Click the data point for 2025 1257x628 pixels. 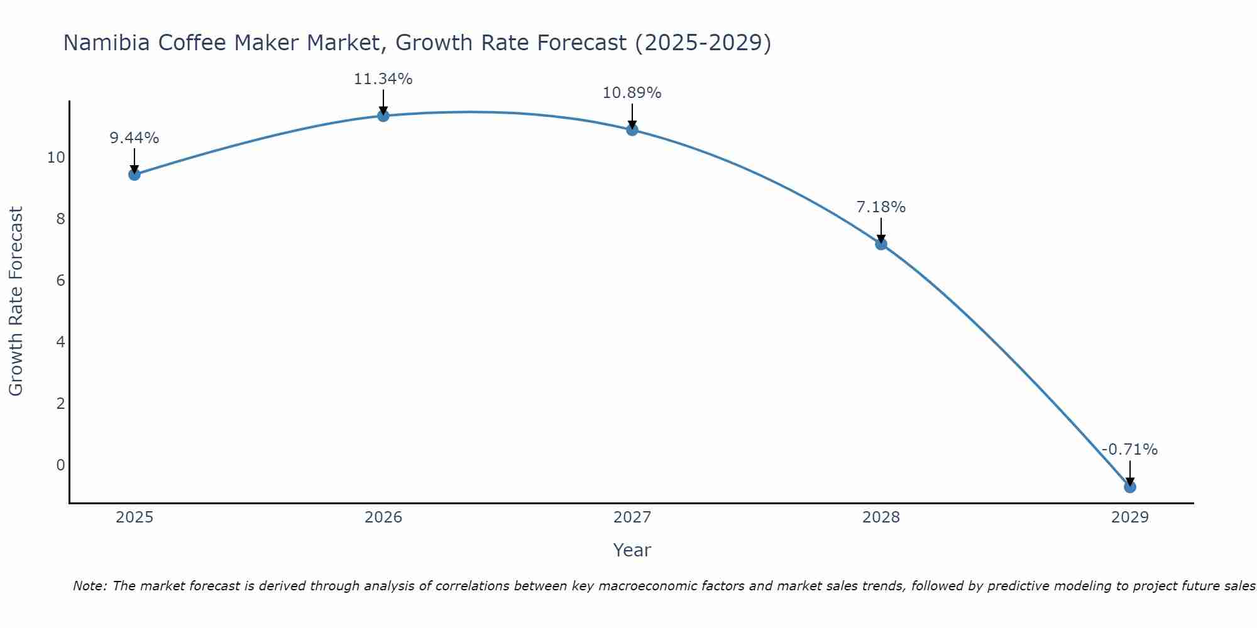coord(134,174)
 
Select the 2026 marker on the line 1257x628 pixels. coord(383,116)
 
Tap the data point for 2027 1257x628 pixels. coord(632,129)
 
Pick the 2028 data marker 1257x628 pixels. coord(881,244)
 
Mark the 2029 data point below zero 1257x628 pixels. coord(1130,487)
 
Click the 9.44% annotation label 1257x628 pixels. coord(134,138)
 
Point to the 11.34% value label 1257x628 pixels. coord(383,79)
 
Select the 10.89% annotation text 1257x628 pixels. coord(632,93)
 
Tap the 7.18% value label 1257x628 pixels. coord(881,207)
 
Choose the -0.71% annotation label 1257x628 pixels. coord(1129,450)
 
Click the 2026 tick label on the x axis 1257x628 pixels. coord(383,517)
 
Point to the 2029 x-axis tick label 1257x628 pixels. coord(1130,517)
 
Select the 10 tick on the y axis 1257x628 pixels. coord(56,157)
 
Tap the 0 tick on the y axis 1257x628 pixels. coord(60,465)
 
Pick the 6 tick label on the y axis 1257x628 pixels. coord(60,280)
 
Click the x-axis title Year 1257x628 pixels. coord(632,550)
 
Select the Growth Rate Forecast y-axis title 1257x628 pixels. coord(16,301)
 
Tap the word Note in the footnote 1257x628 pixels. coord(89,586)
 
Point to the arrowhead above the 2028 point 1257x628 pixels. coord(881,239)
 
